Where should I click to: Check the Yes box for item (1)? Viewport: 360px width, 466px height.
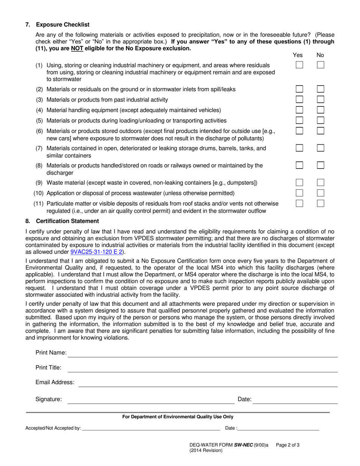tap(299, 65)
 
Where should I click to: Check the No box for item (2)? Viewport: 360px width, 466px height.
tap(321, 89)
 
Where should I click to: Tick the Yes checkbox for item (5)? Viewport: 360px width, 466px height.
tap(299, 120)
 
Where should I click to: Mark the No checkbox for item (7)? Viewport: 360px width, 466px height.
tap(321, 148)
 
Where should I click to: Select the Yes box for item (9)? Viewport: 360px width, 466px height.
tap(299, 183)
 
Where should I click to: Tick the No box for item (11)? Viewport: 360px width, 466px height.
tap(321, 203)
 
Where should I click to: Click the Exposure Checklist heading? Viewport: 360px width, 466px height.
tap(63, 25)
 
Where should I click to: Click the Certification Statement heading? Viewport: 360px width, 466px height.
tap(67, 221)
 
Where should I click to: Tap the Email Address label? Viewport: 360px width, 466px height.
tap(55, 382)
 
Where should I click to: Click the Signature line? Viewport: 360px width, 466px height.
tap(151, 400)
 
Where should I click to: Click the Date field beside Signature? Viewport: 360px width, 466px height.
tap(295, 400)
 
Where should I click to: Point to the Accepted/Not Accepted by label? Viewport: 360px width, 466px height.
tap(53, 428)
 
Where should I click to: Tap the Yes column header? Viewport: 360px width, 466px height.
tap(298, 55)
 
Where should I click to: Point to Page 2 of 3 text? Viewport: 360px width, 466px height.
tap(288, 445)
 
